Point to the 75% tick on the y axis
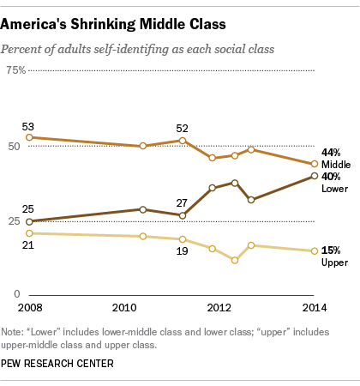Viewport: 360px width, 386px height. pos(16,70)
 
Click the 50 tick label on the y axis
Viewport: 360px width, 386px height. pos(15,146)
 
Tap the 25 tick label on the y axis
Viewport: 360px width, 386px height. pos(15,221)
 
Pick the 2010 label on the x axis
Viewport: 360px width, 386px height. pos(126,306)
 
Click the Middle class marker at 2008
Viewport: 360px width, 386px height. pos(29,137)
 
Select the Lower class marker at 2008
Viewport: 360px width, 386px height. pos(29,221)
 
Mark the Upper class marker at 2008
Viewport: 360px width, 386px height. pos(29,232)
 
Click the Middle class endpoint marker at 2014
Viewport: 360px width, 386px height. pos(315,164)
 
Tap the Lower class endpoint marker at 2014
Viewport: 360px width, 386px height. pos(315,176)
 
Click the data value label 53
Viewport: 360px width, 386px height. pos(29,125)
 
